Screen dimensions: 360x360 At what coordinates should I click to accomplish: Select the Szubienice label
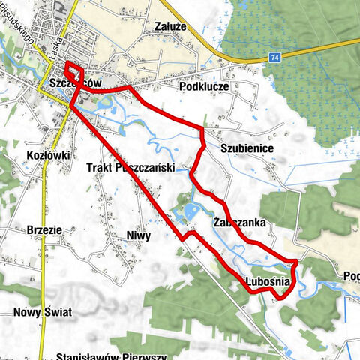[247, 149]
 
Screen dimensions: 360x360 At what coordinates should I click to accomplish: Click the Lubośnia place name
[267, 282]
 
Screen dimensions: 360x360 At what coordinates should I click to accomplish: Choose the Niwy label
[139, 235]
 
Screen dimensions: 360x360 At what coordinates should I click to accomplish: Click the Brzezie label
[26, 231]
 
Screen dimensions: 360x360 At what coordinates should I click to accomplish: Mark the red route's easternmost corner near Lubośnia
[298, 262]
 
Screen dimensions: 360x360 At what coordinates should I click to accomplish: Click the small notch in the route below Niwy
[190, 235]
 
